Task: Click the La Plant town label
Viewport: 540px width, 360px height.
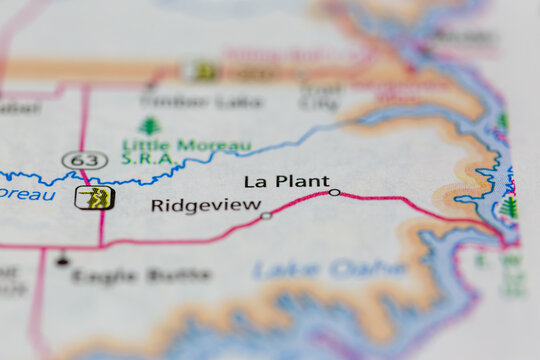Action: coord(286,181)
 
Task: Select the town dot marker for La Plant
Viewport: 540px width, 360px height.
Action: coord(334,192)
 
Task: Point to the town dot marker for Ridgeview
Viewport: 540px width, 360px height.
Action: coord(266,215)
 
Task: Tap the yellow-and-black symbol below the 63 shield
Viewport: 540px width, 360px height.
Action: coord(94,197)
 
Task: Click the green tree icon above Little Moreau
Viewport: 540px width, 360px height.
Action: coord(149,126)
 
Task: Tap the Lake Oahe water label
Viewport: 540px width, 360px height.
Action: coord(329,269)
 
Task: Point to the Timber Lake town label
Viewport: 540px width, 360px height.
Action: coord(201,101)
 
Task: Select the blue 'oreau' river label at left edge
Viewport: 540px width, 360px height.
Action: coord(27,193)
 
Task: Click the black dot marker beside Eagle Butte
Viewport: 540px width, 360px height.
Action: coord(62,261)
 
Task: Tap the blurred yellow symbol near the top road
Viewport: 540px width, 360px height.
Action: coord(202,71)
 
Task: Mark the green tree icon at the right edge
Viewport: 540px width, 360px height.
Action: coord(510,207)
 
